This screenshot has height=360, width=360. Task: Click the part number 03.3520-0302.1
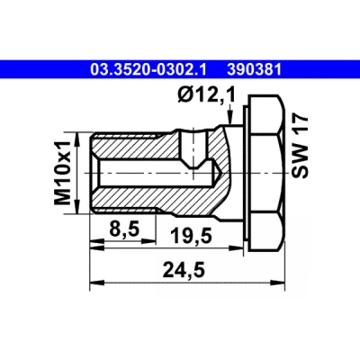(148, 69)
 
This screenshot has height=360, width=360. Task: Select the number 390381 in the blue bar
(255, 69)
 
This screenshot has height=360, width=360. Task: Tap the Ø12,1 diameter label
(207, 95)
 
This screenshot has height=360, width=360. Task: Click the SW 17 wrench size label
(300, 147)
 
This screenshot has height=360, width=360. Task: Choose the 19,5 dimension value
(192, 236)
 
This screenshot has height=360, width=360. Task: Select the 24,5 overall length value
(184, 269)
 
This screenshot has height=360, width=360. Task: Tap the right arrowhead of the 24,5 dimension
(278, 283)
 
